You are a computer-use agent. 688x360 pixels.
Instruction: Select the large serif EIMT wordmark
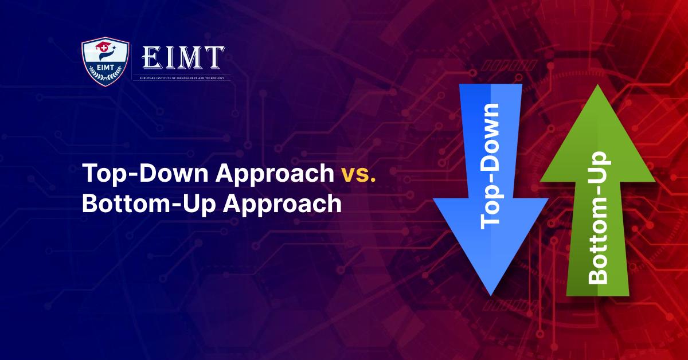[182, 57]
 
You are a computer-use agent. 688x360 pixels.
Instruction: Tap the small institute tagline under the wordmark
[182, 77]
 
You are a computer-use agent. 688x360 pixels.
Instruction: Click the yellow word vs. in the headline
[358, 174]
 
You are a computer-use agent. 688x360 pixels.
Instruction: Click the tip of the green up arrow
[597, 86]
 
